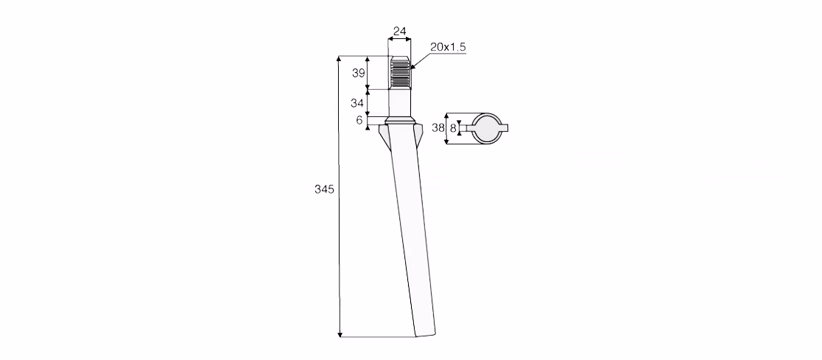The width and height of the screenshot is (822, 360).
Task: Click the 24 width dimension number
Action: (x=399, y=32)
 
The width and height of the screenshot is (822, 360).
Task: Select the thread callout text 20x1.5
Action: (x=448, y=46)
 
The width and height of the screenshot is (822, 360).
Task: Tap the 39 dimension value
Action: (x=358, y=73)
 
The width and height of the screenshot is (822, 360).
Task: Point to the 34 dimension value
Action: (x=357, y=103)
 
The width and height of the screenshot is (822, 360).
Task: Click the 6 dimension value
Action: (x=359, y=120)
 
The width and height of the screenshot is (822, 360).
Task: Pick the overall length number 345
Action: (x=324, y=189)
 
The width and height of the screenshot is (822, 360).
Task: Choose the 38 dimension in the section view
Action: (x=438, y=127)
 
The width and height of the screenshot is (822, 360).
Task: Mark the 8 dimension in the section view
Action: (x=454, y=128)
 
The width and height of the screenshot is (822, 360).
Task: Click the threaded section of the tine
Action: (x=399, y=72)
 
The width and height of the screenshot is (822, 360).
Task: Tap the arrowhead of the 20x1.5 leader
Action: (x=412, y=66)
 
